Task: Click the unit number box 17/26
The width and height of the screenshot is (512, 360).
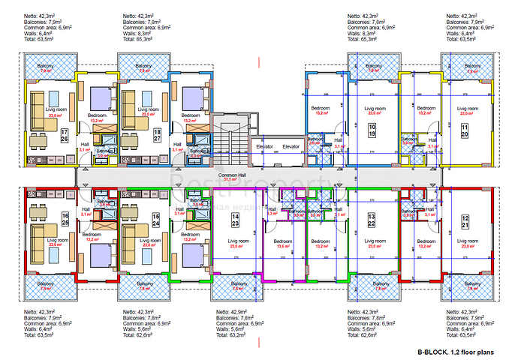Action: [65, 134]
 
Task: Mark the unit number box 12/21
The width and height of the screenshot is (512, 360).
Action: [464, 219]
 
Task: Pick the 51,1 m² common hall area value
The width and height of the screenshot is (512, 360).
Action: [225, 179]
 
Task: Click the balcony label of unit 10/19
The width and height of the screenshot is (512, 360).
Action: [373, 66]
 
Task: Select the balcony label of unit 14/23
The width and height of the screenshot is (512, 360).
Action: [238, 283]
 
